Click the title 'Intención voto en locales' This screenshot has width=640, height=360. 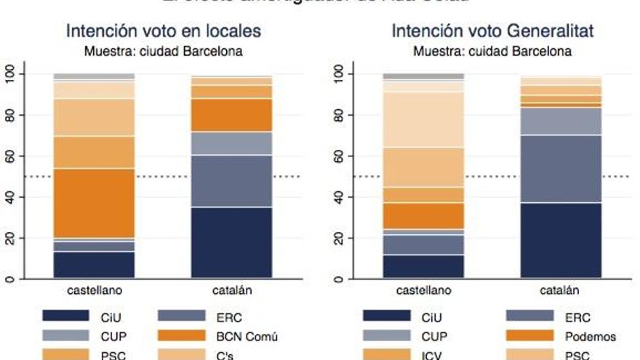point(164,32)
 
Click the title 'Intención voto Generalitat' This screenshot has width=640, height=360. point(492,32)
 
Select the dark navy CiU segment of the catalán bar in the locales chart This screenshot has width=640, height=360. point(232,242)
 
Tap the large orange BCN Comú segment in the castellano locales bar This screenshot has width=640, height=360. point(94,203)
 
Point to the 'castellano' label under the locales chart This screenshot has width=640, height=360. point(94,291)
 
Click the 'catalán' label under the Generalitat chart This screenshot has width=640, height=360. point(560,291)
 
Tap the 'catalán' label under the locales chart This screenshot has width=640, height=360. point(232,291)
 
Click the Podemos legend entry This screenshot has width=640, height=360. point(590,337)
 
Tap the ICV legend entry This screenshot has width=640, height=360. point(431,356)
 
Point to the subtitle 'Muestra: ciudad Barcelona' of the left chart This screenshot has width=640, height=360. point(164,52)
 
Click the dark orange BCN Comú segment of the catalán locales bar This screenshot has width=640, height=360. point(232,115)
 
